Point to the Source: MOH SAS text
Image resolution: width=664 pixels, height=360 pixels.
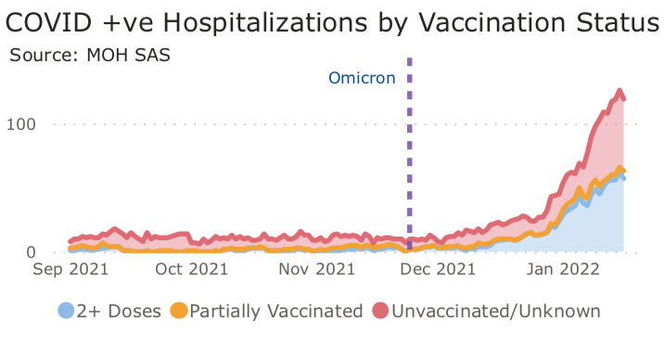[x=90, y=54]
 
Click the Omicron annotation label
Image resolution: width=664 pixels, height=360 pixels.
[x=363, y=79]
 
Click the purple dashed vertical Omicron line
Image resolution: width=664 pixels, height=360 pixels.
[x=409, y=167]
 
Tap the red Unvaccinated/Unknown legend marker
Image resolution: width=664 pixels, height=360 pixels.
[x=381, y=311]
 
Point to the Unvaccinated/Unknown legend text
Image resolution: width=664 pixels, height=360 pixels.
[x=495, y=311]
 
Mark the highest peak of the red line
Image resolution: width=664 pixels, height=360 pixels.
[x=619, y=91]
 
